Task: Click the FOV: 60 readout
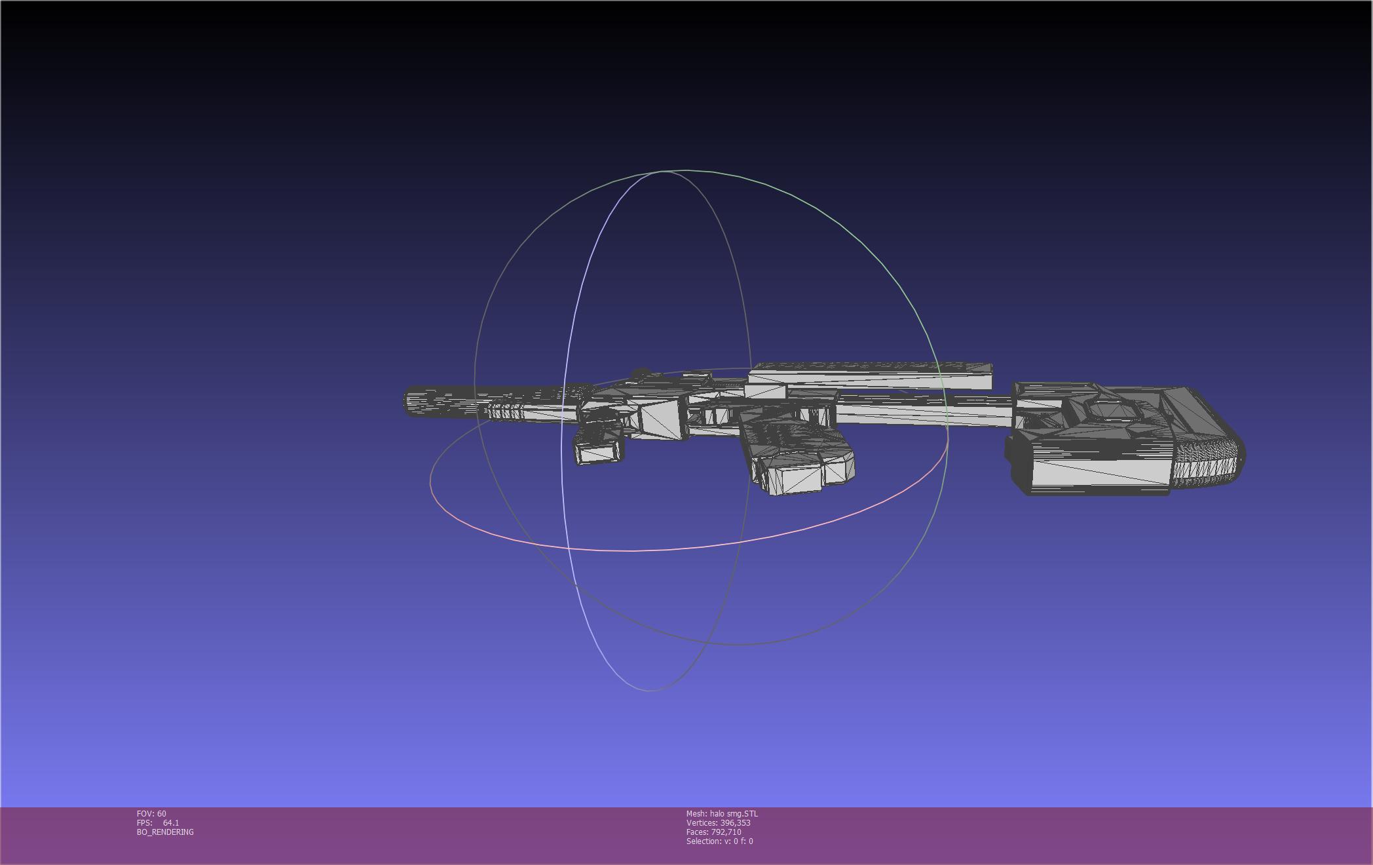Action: click(x=151, y=814)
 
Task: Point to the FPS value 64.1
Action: click(x=171, y=823)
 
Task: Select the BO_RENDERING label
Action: click(x=165, y=832)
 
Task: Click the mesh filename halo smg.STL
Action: click(x=734, y=814)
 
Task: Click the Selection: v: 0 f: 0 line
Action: click(x=719, y=841)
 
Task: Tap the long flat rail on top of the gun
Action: click(x=870, y=378)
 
